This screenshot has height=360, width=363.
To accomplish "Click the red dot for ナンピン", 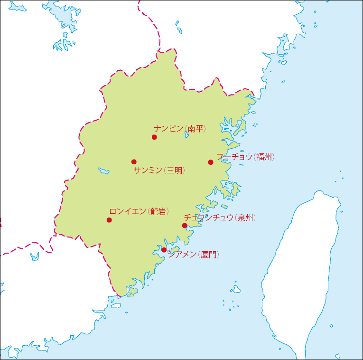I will [154, 137].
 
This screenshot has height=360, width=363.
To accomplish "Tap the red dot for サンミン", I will [134, 162].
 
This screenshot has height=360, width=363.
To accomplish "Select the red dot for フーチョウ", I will [211, 162].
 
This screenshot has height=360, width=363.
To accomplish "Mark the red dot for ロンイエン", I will [109, 220].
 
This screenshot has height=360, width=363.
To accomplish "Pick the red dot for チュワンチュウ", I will [185, 226].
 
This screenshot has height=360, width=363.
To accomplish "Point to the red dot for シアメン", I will [164, 250].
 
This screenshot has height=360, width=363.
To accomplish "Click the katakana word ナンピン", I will [168, 128].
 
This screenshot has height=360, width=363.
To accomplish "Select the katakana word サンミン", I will [148, 171].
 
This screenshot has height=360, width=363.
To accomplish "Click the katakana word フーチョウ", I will [234, 157].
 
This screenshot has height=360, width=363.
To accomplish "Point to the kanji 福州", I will [264, 157].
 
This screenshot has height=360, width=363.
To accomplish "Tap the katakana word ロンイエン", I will [128, 212].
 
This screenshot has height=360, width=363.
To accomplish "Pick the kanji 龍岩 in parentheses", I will [158, 212].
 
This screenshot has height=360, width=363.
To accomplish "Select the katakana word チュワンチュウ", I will [209, 218].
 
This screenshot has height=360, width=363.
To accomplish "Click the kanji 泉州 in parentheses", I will [245, 218].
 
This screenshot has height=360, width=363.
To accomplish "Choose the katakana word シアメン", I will [182, 255].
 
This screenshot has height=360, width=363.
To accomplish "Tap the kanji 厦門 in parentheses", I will [208, 255].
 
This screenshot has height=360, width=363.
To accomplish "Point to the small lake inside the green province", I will [104, 171].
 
